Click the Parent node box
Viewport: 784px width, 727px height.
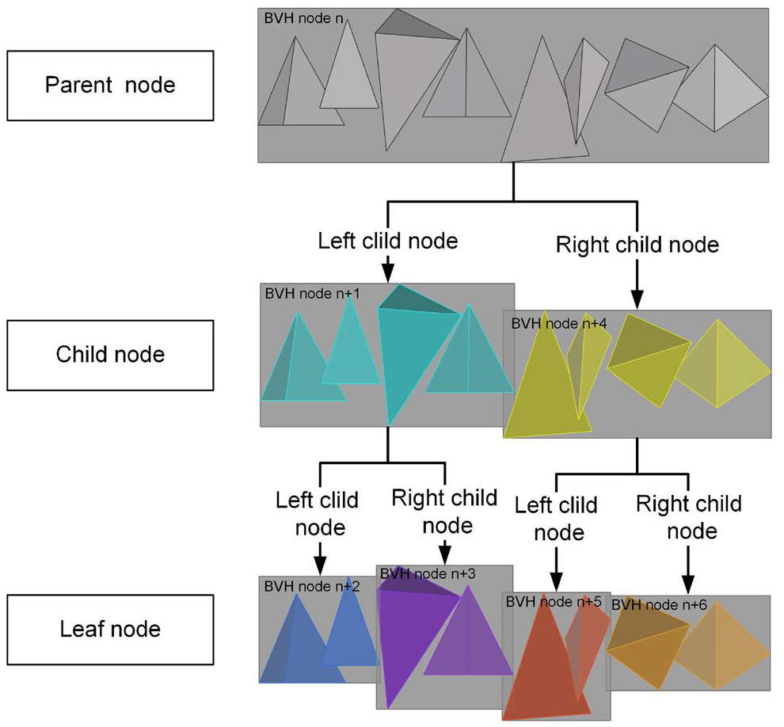pyautogui.click(x=109, y=86)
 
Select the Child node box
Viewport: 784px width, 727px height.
pyautogui.click(x=109, y=354)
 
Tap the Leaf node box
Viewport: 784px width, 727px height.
pyautogui.click(x=109, y=630)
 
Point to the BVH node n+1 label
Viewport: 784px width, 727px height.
pyautogui.click(x=312, y=293)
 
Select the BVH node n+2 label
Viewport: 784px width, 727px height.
pyautogui.click(x=311, y=586)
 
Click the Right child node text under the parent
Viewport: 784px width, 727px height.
pyautogui.click(x=637, y=245)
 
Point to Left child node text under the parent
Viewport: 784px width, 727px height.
pyautogui.click(x=388, y=240)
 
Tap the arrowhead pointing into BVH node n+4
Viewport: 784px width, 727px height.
pyautogui.click(x=637, y=300)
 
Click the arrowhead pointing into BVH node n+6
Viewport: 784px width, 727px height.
pyautogui.click(x=687, y=585)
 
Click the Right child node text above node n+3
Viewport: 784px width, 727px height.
pyautogui.click(x=445, y=512)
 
